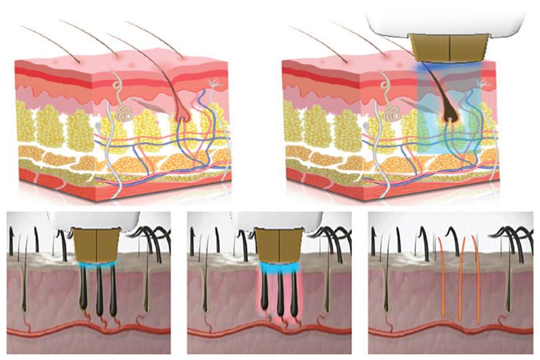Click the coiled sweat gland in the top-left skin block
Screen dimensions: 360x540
125,114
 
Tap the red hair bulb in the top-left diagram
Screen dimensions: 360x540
182,119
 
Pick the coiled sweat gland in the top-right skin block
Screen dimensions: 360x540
394,113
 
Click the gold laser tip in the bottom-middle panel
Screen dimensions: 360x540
277,244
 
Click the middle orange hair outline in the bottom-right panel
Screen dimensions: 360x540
460,280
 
